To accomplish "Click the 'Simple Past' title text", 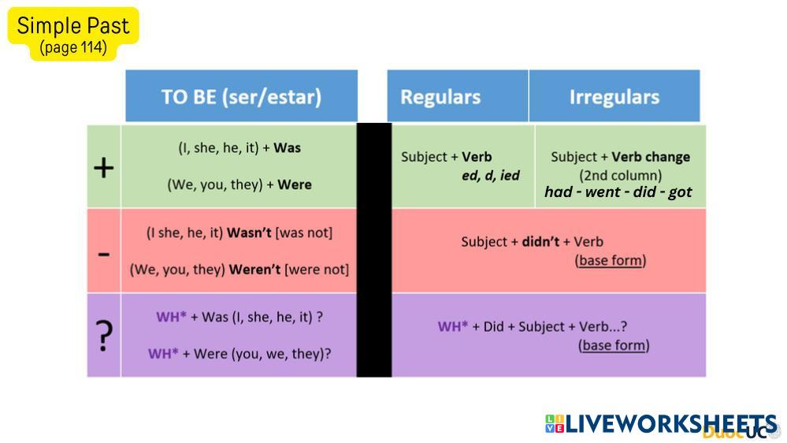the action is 73,25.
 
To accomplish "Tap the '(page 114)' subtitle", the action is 73,48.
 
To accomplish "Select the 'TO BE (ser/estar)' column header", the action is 241,96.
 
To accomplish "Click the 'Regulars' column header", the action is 440,97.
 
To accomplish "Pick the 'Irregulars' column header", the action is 614,97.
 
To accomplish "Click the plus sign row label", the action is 104,168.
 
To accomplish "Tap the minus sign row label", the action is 104,255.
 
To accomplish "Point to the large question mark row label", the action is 104,336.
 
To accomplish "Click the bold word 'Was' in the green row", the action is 287,147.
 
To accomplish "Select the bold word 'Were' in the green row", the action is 295,184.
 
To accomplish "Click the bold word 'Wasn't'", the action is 249,233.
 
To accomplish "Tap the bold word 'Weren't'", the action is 254,270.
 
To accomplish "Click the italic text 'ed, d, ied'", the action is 491,175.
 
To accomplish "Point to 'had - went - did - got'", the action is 618,192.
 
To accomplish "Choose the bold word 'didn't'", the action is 540,241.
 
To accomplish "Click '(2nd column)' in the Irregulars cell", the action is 620,175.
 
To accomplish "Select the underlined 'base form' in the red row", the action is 611,260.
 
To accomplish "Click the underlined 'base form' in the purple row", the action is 614,345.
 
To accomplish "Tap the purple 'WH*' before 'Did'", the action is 453,326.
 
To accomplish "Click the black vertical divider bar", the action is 374,250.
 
